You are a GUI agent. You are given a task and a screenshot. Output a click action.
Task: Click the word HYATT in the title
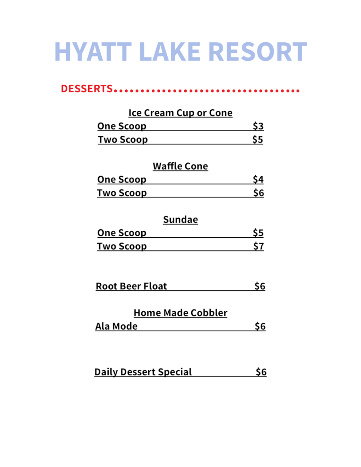[x=93, y=52]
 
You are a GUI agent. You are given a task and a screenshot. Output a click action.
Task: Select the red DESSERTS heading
[x=87, y=89]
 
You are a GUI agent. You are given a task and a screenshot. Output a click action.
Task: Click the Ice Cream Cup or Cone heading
[x=180, y=113]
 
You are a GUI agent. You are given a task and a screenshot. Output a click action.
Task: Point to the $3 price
[x=258, y=126]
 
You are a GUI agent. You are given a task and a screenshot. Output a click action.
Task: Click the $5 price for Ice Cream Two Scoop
[x=258, y=139]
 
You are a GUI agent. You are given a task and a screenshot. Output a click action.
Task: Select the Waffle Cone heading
[x=180, y=166]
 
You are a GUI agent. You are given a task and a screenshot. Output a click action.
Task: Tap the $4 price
[x=258, y=179]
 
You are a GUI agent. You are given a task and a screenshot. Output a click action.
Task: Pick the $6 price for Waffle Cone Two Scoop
[x=258, y=193]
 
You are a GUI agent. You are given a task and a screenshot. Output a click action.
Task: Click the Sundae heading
[x=180, y=220]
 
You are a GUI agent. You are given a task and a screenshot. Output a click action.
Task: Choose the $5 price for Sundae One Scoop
[x=258, y=233]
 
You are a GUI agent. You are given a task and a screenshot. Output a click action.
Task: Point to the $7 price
[x=258, y=246]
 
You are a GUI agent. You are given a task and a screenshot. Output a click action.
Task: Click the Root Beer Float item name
[x=131, y=286]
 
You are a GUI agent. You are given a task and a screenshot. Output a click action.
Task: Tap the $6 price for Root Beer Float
[x=260, y=286]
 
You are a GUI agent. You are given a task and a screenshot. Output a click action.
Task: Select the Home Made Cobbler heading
[x=180, y=313]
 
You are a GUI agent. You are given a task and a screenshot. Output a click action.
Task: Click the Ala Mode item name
[x=116, y=326]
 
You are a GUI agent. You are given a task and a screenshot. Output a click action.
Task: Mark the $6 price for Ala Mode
[x=260, y=326]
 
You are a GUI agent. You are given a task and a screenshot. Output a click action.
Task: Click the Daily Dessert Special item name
[x=143, y=372]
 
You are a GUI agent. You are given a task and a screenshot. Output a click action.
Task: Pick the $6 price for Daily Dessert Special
[x=261, y=372]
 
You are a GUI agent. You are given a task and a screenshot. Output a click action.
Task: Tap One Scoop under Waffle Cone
[x=121, y=179]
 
